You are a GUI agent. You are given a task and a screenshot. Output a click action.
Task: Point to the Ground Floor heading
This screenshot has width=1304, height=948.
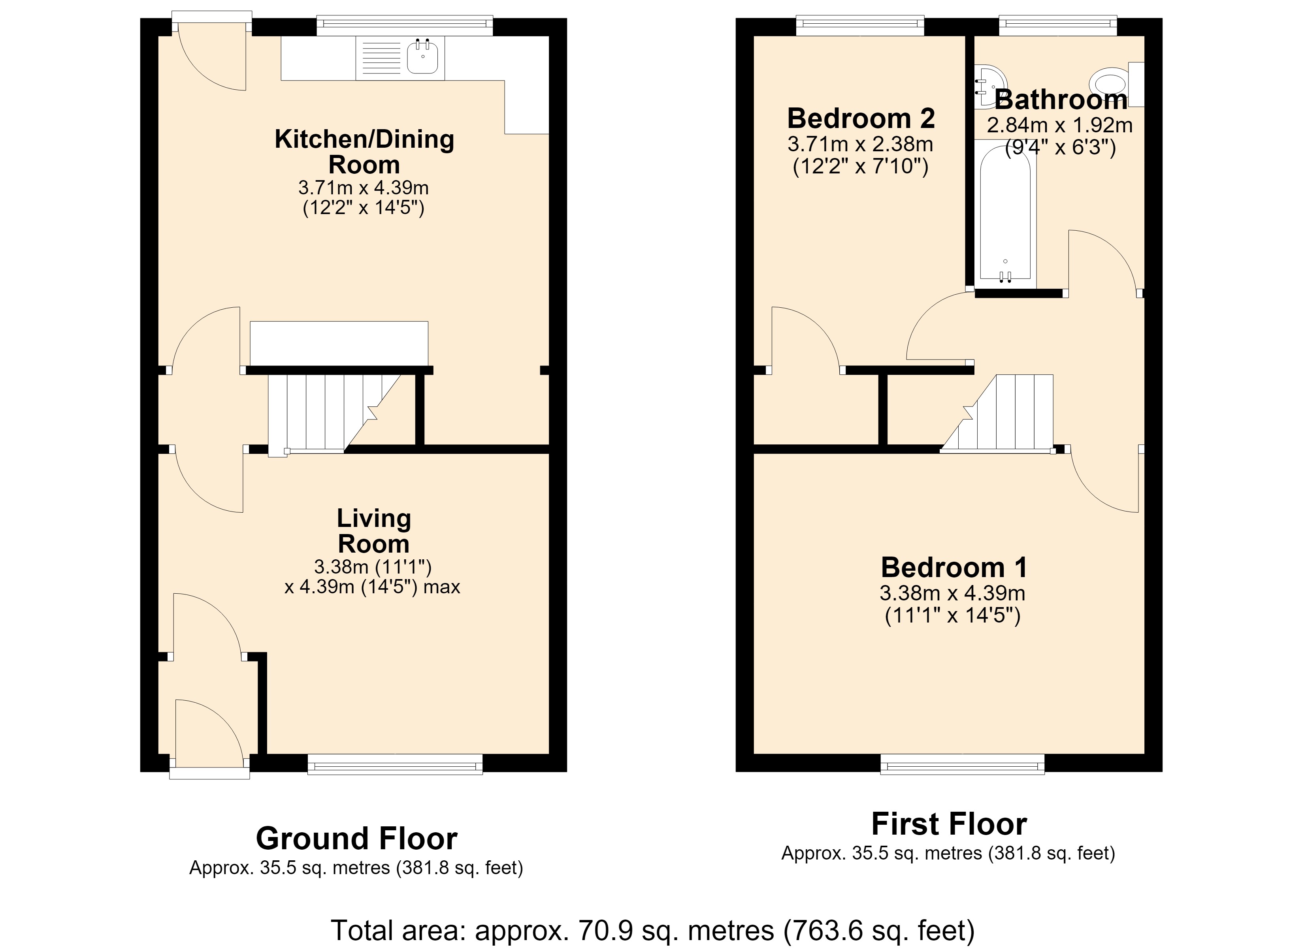(x=356, y=838)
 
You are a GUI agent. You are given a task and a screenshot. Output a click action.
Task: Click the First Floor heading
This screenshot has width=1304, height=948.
(x=949, y=824)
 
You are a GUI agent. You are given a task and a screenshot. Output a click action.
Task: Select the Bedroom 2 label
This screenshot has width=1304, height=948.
(x=861, y=118)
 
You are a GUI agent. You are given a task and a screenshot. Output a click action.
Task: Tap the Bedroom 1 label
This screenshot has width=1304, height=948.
(x=954, y=568)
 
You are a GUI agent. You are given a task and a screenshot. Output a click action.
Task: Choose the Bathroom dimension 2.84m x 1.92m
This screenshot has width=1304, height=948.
(x=1060, y=125)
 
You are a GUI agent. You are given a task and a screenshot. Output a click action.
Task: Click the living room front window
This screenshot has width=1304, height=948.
(x=395, y=765)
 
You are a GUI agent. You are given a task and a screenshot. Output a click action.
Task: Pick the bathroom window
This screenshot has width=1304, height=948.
(x=1058, y=25)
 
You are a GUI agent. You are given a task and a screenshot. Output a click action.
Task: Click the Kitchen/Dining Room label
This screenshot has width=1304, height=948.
(x=364, y=152)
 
